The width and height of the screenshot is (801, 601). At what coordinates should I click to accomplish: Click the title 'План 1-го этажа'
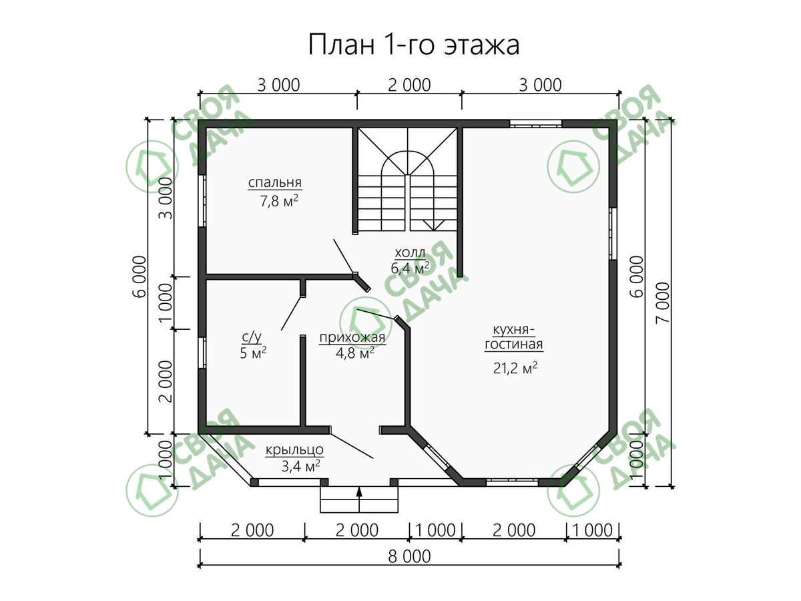(414, 45)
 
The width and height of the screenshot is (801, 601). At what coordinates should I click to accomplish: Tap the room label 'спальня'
(275, 182)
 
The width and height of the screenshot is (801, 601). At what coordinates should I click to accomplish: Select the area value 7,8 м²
(279, 201)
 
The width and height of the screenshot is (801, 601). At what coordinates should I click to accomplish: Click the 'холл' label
(410, 252)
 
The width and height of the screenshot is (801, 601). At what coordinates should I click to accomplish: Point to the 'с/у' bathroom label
(252, 337)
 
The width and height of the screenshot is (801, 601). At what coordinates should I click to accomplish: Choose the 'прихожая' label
(352, 338)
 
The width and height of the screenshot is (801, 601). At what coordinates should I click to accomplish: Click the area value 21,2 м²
(515, 368)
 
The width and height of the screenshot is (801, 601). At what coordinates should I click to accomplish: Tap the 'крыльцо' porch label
(294, 449)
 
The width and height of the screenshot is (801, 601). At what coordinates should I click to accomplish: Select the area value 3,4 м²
(300, 466)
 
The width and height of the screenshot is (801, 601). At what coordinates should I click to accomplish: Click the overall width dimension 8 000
(409, 557)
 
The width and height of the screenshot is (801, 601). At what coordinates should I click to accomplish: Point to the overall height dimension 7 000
(663, 303)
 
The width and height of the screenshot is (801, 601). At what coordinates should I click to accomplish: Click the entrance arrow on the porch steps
(359, 499)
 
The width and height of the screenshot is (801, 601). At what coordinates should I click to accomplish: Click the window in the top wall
(535, 124)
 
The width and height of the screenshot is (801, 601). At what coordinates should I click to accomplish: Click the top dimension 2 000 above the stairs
(409, 85)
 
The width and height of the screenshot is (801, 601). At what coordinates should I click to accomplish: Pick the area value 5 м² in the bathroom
(253, 353)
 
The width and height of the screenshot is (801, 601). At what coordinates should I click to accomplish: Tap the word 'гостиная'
(514, 344)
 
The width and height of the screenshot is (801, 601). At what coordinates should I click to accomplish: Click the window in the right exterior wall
(613, 234)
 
